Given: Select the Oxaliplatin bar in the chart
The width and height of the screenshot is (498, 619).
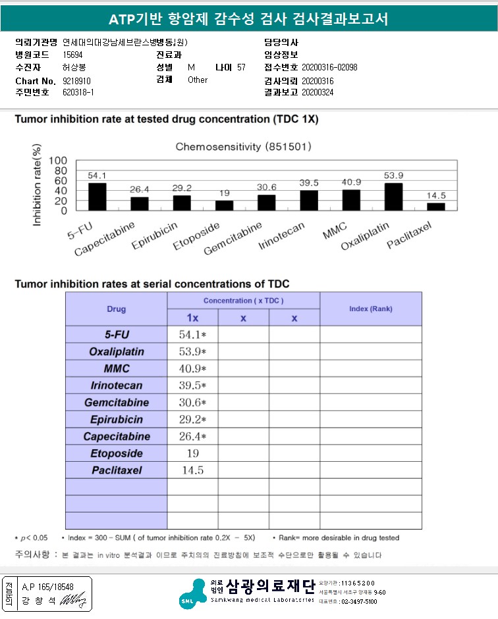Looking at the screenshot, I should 393,197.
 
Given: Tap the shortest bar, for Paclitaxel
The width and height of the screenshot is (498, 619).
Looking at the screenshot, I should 435,207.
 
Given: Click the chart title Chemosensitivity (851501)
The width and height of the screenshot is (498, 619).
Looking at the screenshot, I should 243,147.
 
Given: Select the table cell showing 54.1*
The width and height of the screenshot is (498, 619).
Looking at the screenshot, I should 193,335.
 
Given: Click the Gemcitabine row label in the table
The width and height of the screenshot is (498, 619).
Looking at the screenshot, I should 117,403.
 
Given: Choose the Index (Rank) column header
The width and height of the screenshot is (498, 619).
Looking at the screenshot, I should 370,309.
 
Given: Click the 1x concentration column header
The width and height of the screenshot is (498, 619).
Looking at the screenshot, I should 192,318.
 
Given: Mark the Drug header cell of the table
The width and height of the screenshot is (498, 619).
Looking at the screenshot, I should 117,309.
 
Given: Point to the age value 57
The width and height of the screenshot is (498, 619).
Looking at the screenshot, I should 241,68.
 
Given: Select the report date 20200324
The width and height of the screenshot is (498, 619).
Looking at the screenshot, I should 319,93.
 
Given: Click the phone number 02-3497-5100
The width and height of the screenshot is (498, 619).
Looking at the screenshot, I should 360,601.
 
